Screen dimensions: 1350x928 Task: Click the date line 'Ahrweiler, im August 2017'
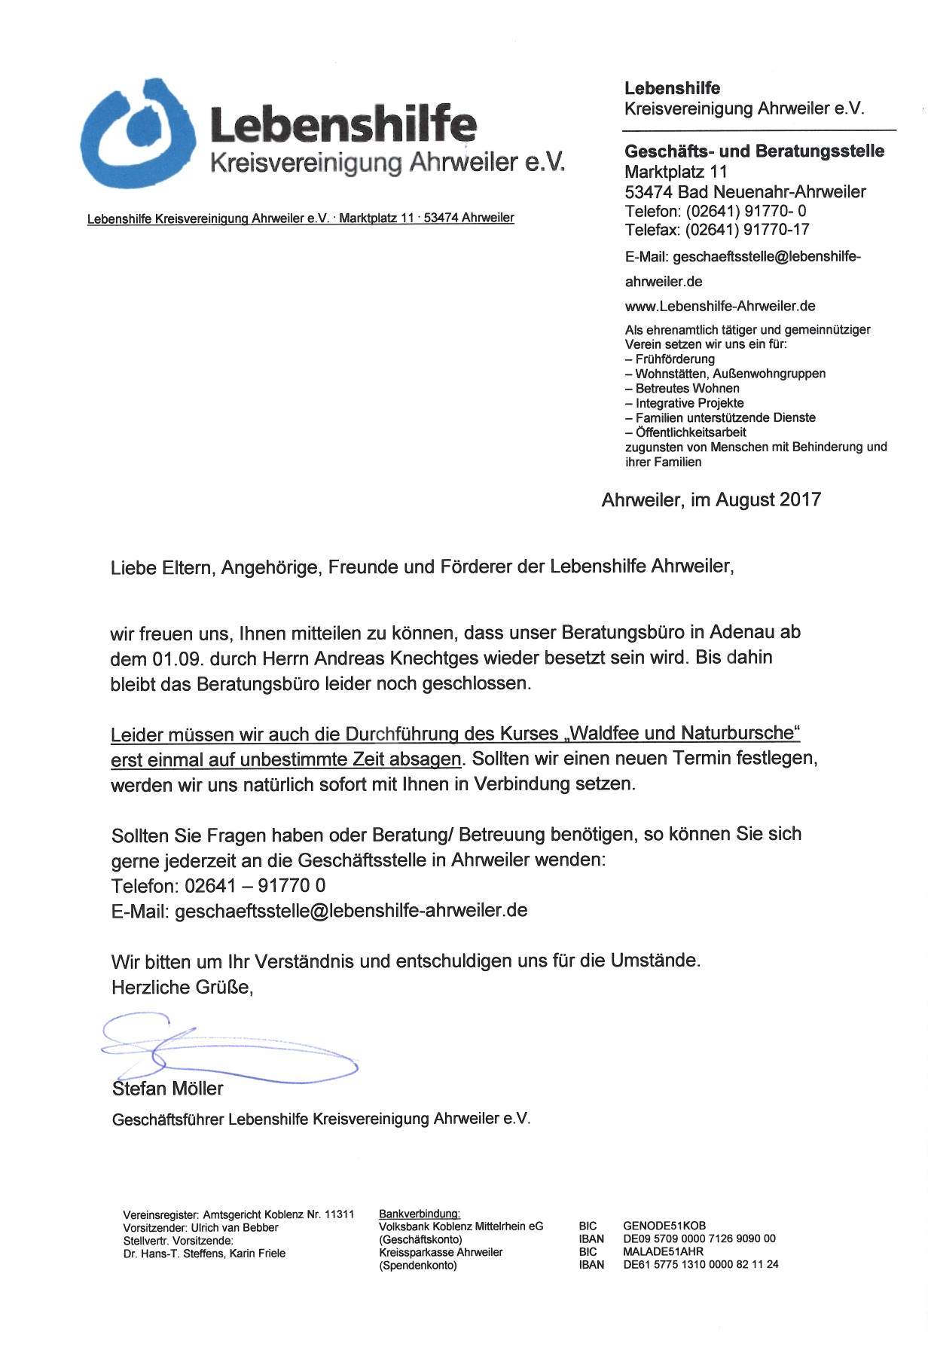(x=711, y=500)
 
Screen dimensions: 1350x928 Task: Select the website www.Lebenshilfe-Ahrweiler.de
(x=720, y=307)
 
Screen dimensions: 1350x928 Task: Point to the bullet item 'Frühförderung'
(x=675, y=359)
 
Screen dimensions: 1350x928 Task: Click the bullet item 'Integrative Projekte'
(x=689, y=403)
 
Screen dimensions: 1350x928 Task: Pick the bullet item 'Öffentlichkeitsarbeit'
(x=691, y=432)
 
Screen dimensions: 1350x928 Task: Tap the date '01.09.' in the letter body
(x=178, y=659)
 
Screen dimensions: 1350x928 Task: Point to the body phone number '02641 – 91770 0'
(x=255, y=886)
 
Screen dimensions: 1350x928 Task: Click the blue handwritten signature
(x=226, y=1049)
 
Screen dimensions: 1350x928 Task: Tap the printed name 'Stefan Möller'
(x=168, y=1089)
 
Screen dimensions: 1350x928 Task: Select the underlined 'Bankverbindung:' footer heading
(x=420, y=1214)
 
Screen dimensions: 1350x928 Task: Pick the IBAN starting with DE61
(x=701, y=1265)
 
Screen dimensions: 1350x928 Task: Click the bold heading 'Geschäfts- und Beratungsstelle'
(x=754, y=151)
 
